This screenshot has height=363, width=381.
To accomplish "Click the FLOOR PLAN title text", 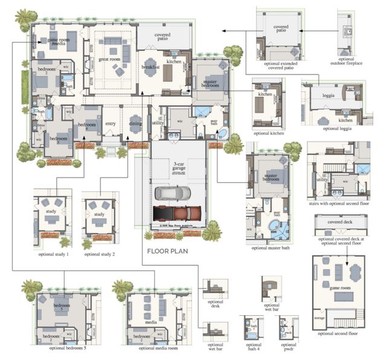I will (x=172, y=249).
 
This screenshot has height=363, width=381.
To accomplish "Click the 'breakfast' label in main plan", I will (x=151, y=67).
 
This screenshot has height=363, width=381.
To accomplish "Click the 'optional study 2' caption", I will (x=100, y=255).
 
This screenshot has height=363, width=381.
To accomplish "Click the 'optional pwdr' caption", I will (x=288, y=349).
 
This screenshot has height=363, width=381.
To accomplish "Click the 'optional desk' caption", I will (x=215, y=304).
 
